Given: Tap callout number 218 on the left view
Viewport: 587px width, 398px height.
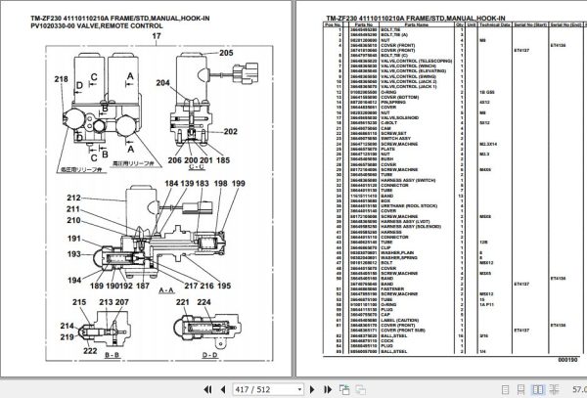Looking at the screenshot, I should coord(34,77).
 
